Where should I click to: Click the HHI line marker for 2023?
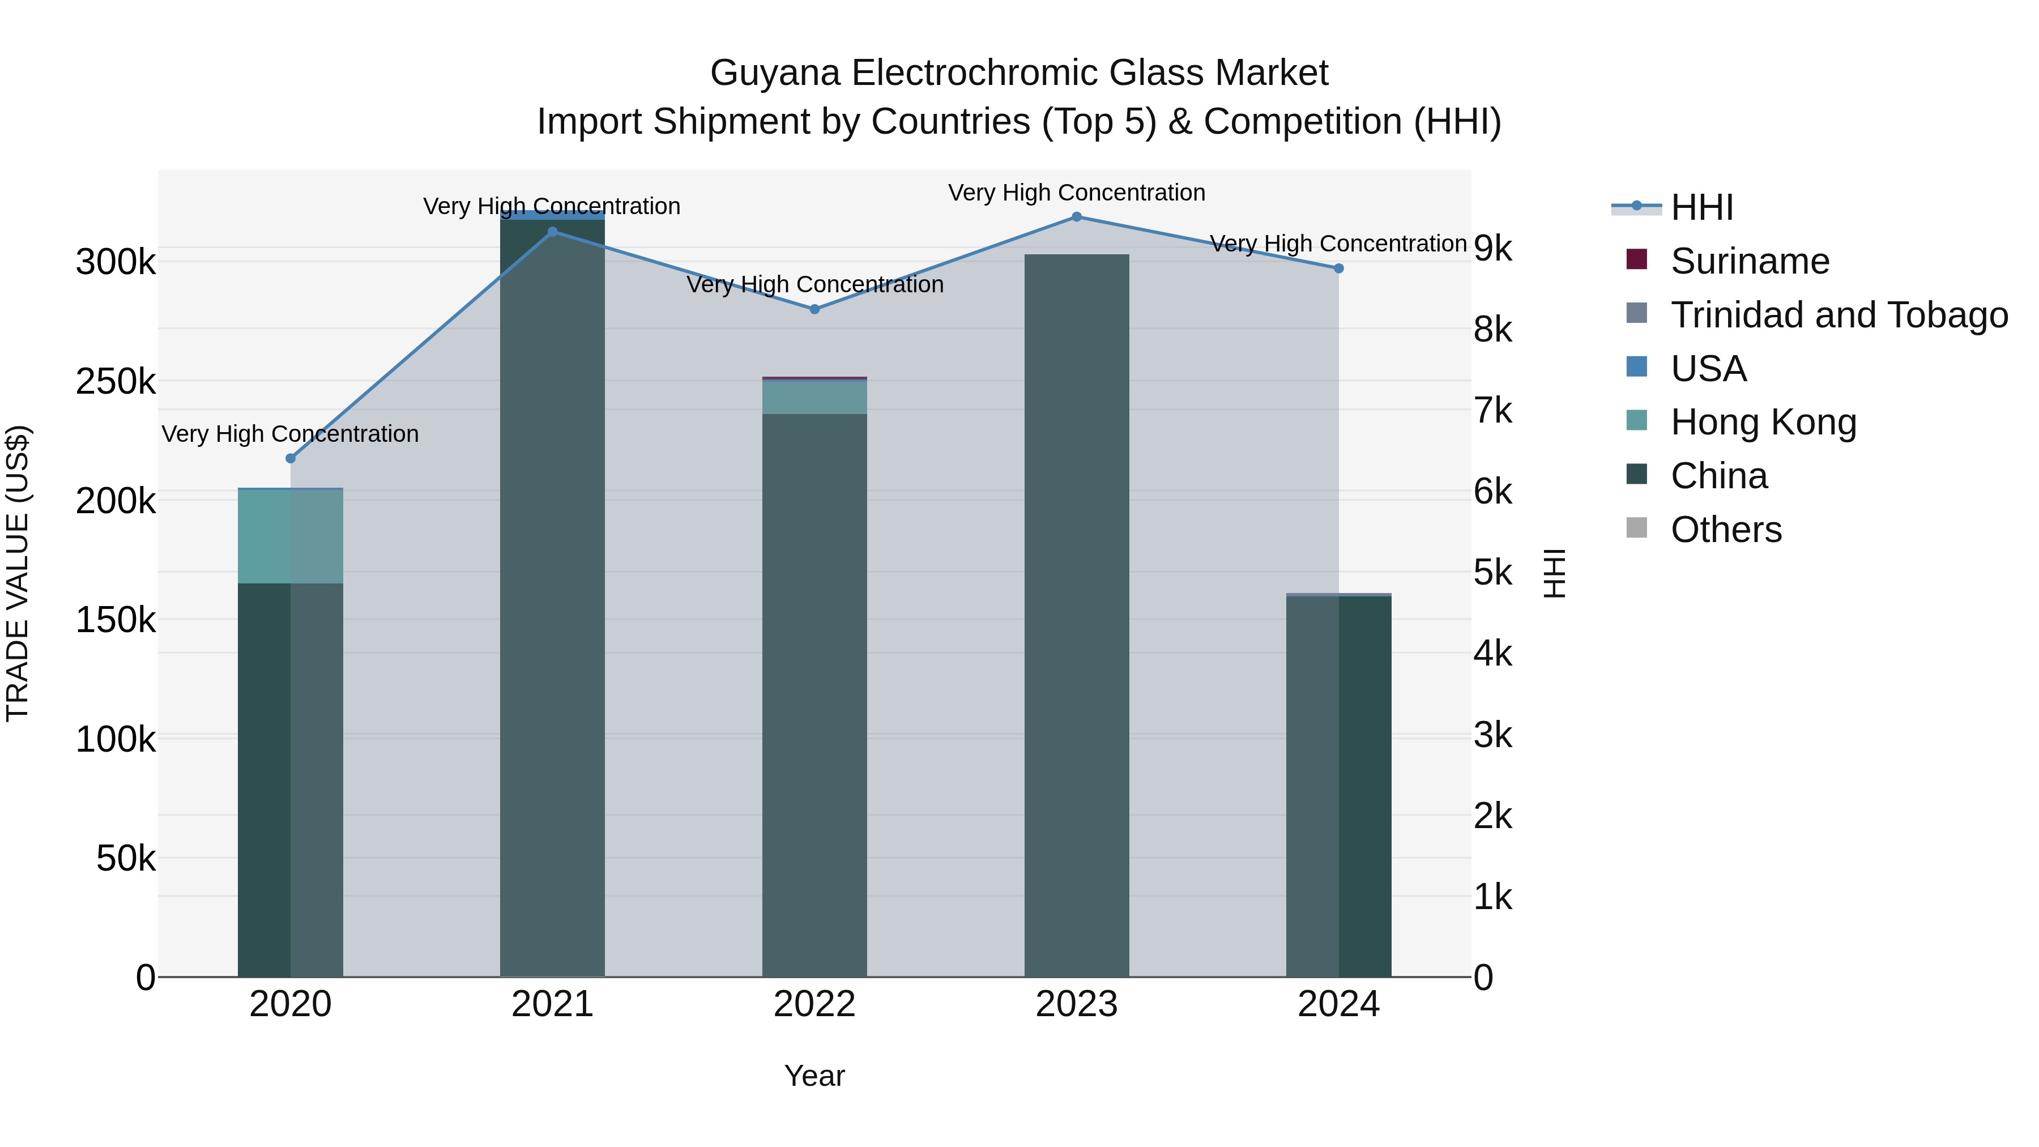[1077, 217]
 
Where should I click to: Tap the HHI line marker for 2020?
[291, 458]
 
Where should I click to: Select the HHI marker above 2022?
[814, 309]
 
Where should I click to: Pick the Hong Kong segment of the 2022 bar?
[814, 398]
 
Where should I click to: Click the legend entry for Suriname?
[1750, 261]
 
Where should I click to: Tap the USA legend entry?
[1708, 369]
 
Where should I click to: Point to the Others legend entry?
[1726, 530]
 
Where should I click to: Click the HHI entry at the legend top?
[1702, 207]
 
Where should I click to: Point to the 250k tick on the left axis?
[116, 382]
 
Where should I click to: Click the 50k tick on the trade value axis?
[125, 858]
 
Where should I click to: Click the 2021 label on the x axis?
[552, 1004]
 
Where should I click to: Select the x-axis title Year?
[814, 1076]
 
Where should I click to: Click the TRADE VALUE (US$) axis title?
[18, 573]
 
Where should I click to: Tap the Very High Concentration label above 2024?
[1338, 244]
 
